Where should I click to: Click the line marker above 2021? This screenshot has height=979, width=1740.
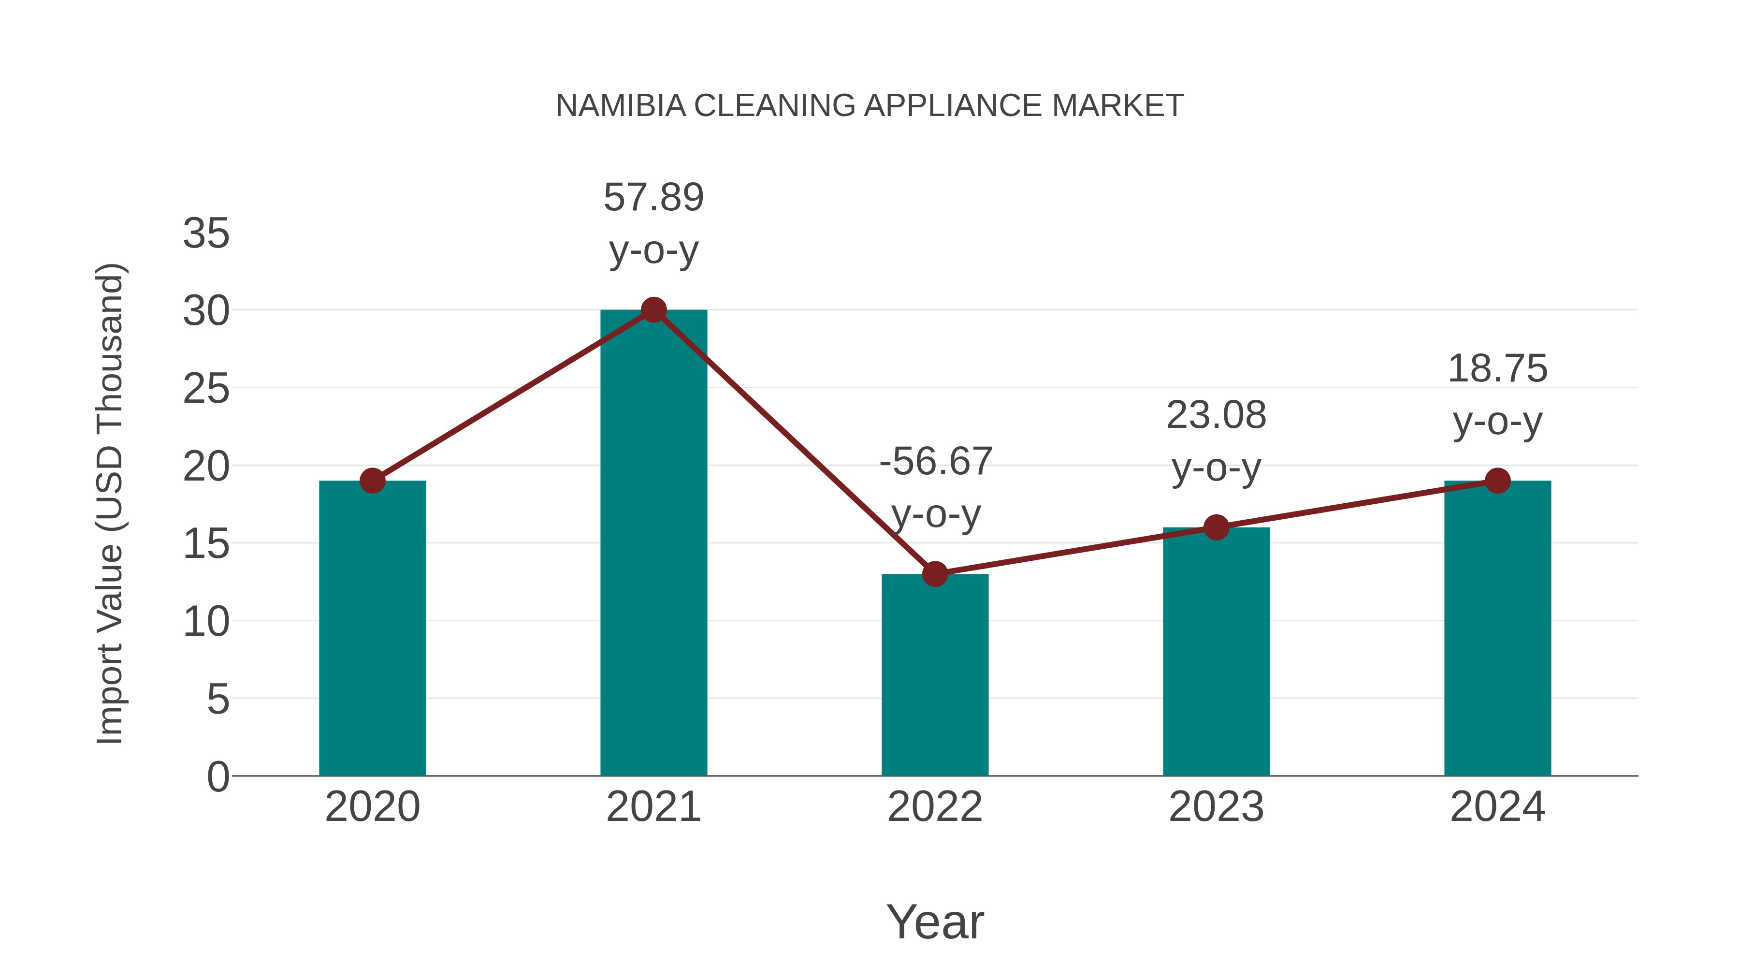tap(653, 310)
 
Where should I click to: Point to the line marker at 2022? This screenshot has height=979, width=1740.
tap(935, 574)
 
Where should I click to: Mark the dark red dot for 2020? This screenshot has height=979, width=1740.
tap(372, 481)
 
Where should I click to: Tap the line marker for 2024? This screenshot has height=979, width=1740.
tap(1497, 481)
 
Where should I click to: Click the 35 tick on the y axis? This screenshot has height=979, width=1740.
tap(206, 234)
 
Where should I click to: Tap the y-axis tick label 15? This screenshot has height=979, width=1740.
tap(206, 544)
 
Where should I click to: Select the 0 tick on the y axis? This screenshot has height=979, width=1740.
tap(217, 777)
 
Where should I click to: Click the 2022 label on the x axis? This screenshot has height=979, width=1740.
tap(935, 807)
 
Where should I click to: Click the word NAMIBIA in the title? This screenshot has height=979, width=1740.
tap(620, 106)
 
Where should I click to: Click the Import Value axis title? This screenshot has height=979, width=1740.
tap(109, 503)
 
